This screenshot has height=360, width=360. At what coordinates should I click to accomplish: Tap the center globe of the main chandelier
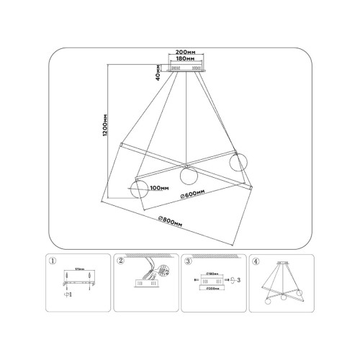(x=188, y=175)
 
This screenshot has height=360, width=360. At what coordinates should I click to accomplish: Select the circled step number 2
(x=121, y=261)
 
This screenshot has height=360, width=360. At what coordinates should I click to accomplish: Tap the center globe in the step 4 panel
(x=284, y=297)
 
